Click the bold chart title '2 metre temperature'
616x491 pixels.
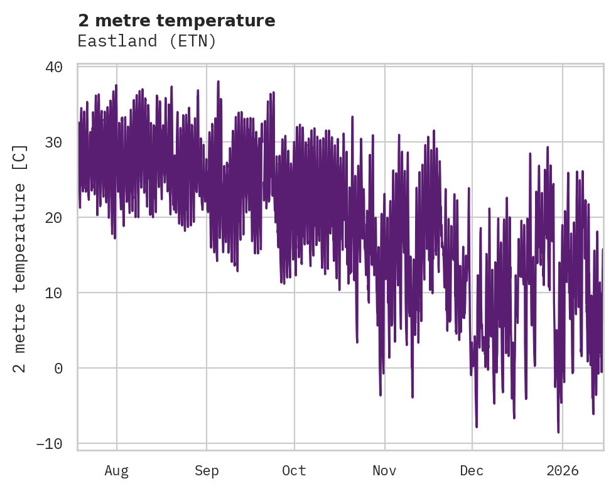point(176,21)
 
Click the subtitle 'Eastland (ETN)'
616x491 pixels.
point(147,41)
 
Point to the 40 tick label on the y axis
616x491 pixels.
point(54,67)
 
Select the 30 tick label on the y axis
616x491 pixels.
point(54,143)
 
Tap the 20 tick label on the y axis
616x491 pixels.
point(54,218)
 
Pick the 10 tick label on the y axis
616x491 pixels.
point(54,293)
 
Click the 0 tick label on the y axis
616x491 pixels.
point(58,369)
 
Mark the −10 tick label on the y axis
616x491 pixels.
point(50,444)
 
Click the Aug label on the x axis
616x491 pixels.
point(117,471)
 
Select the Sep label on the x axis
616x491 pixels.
point(206,471)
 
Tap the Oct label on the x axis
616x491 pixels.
point(294,471)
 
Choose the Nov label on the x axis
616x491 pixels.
point(384,471)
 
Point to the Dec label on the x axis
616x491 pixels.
point(472,471)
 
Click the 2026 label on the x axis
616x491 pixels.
point(562,471)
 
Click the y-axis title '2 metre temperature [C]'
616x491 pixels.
point(20,257)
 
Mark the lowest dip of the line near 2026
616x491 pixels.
point(558,432)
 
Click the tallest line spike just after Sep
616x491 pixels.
point(218,82)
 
